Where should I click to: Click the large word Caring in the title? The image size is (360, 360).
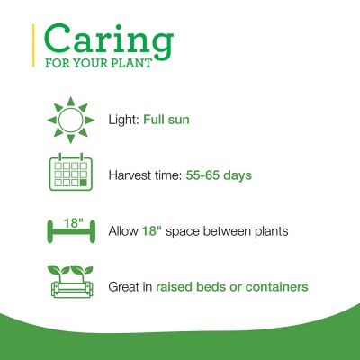pyautogui.click(x=108, y=41)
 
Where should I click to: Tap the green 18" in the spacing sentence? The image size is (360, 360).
pyautogui.click(x=151, y=231)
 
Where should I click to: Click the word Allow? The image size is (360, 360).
pyautogui.click(x=124, y=231)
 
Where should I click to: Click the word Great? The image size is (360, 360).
pyautogui.click(x=126, y=287)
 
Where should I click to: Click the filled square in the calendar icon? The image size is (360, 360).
pyautogui.click(x=84, y=184)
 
